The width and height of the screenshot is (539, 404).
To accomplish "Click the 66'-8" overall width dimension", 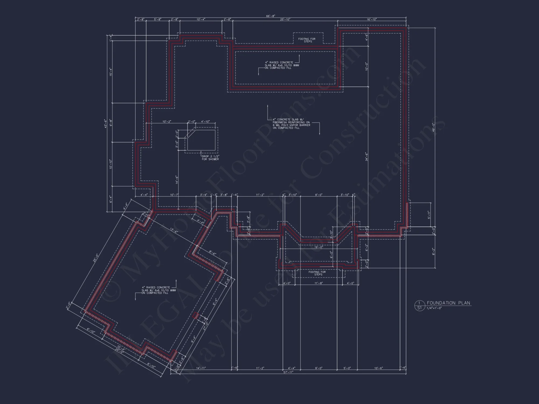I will [271, 16].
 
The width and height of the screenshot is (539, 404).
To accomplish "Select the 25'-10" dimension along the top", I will [285, 20].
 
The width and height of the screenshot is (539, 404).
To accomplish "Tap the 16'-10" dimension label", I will [372, 20].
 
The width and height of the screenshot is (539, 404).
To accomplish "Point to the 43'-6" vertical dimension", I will [106, 123].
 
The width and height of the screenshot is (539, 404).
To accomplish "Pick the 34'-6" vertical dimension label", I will [367, 157].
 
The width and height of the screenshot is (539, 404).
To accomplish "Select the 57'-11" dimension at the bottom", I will [288, 372].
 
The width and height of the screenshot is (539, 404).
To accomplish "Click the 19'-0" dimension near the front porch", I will [319, 247].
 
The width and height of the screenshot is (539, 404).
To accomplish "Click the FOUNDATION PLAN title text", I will [448, 303].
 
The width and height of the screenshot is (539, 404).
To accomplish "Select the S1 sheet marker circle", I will [419, 305].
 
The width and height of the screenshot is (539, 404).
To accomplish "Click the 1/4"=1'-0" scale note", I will [434, 308].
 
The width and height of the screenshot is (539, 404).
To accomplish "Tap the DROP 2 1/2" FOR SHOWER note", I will [210, 158].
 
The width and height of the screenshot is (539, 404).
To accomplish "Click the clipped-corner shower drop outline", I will [201, 140].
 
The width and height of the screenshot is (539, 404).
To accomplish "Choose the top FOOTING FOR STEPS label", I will [307, 40].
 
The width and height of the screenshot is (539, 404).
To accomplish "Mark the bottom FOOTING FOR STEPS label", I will [317, 273].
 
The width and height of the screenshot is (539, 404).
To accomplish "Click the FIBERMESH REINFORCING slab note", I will [291, 124].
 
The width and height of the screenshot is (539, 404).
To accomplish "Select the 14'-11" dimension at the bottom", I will [201, 368].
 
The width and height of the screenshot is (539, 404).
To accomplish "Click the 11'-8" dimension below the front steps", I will [319, 283].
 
